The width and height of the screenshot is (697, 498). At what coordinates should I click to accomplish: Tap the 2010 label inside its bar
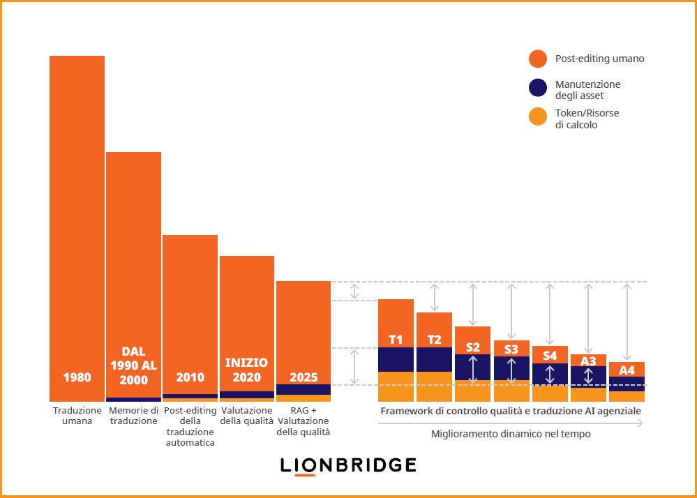point(190,377)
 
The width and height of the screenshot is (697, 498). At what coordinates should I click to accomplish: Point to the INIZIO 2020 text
point(246,370)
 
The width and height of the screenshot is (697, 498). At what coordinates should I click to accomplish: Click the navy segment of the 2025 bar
point(303,389)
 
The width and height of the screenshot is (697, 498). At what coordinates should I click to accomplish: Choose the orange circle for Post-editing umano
point(537,59)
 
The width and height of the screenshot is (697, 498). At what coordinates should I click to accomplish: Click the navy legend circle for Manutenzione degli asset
point(537,88)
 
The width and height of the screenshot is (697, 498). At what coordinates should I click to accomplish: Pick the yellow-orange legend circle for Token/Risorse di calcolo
point(537,117)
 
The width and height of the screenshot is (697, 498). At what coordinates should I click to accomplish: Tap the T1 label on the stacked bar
point(396,340)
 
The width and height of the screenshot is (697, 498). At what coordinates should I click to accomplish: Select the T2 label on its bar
point(434,340)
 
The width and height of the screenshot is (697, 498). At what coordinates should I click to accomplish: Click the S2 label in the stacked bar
point(472,347)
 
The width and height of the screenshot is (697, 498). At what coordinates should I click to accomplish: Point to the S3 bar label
point(511,349)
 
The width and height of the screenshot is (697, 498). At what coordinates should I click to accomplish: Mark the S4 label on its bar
point(550,356)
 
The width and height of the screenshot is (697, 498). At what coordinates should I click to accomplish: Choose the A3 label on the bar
point(588,361)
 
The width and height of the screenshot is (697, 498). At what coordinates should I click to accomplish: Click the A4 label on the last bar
point(627,370)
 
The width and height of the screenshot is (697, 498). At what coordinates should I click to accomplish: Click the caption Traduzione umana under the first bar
point(77,416)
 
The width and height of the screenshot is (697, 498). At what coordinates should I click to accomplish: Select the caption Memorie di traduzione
point(133,416)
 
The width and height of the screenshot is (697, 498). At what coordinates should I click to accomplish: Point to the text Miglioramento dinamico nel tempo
point(510,434)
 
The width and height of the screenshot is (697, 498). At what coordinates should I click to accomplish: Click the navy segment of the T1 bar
point(396,359)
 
